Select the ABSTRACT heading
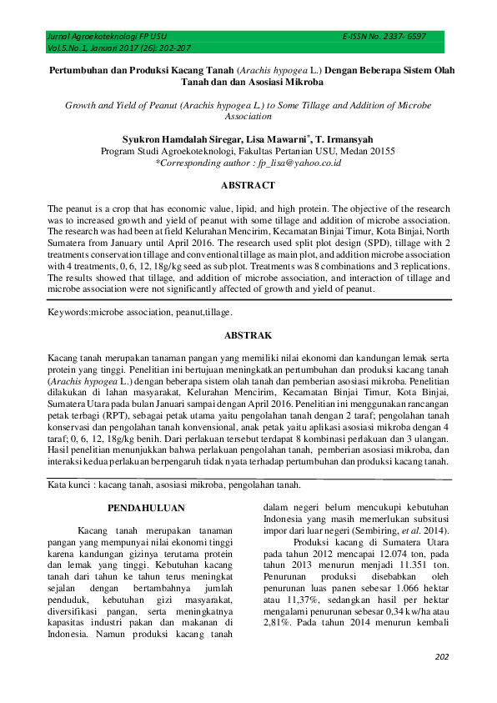coord(248,185)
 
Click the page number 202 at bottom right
coord(442,657)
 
